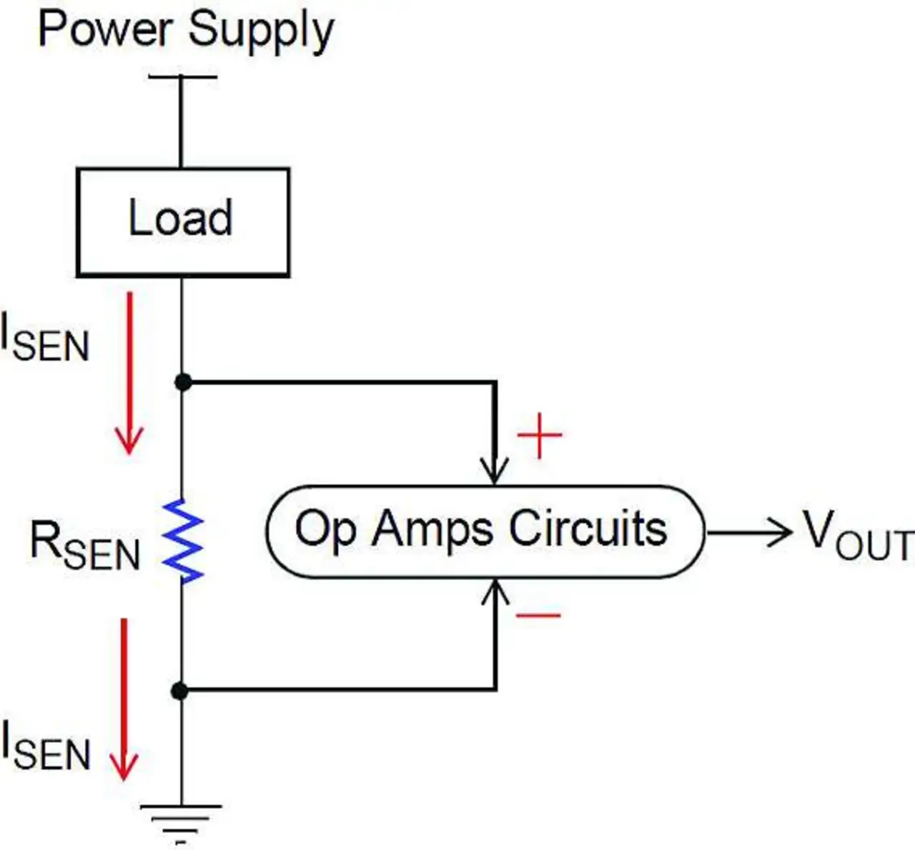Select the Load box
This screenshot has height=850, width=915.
click(x=182, y=221)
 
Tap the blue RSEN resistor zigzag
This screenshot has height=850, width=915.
click(x=183, y=541)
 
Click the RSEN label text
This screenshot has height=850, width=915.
click(x=84, y=546)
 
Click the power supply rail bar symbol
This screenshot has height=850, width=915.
click(x=182, y=77)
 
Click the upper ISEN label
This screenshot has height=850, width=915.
click(x=44, y=340)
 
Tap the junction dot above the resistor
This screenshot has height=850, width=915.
click(x=183, y=382)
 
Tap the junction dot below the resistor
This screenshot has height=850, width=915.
click(x=180, y=691)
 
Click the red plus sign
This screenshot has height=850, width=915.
click(x=540, y=434)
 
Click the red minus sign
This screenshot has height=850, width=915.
click(x=538, y=615)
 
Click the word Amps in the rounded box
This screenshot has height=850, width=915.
click(x=432, y=530)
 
